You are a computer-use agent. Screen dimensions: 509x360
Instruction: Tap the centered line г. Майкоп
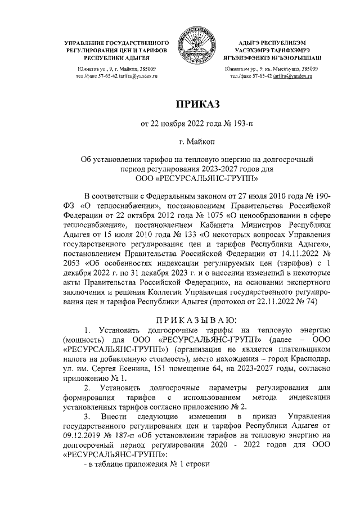pyautogui.click(x=194, y=143)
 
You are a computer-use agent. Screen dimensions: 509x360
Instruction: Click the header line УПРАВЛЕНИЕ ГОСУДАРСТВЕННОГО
pyautogui.click(x=117, y=43)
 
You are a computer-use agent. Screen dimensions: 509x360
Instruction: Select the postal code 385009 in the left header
pyautogui.click(x=146, y=68)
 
